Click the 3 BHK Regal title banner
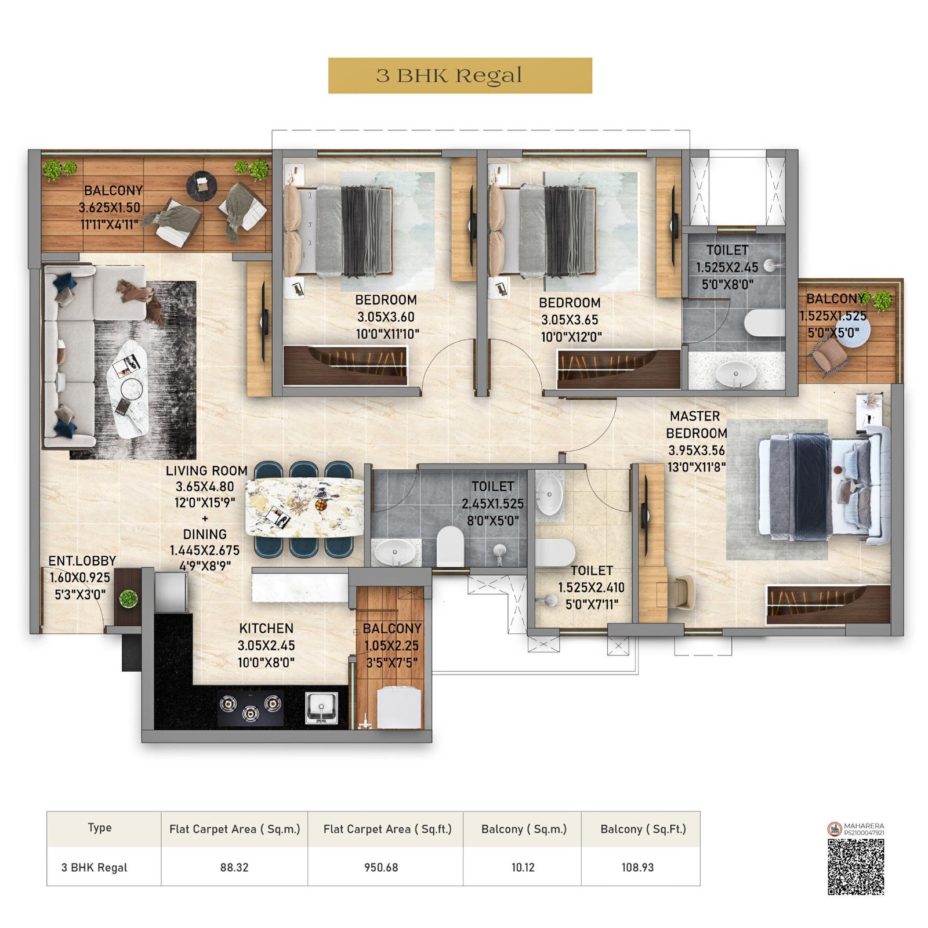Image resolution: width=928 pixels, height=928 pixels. pyautogui.click(x=460, y=75)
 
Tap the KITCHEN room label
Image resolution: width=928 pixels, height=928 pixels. pyautogui.click(x=266, y=628)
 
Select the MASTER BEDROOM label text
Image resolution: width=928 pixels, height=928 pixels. pyautogui.click(x=696, y=425)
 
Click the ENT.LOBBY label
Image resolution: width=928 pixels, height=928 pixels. pyautogui.click(x=82, y=561)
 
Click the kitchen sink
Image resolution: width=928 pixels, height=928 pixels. pyautogui.click(x=321, y=708)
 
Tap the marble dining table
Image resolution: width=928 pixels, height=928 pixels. pyautogui.click(x=304, y=507)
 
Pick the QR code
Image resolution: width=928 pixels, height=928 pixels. pyautogui.click(x=855, y=867)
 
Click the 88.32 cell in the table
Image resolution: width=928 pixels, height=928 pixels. pyautogui.click(x=234, y=867)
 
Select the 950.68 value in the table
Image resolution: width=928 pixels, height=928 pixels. pyautogui.click(x=381, y=867)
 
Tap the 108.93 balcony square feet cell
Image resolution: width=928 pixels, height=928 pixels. pyautogui.click(x=637, y=867)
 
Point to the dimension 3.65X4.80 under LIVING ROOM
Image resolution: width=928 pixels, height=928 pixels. pyautogui.click(x=205, y=487)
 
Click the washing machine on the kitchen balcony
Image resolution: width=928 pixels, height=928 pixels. pyautogui.click(x=399, y=708)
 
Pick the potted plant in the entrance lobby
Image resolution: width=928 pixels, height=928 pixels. pyautogui.click(x=128, y=599)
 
